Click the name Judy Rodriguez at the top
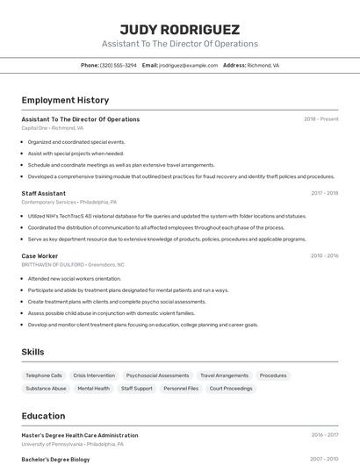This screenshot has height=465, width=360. pos(179,29)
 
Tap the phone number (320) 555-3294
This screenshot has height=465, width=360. pos(118,65)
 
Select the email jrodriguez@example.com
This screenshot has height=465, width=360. pos(188,65)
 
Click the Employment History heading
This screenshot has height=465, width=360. pos(65,101)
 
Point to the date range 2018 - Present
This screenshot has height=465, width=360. pos(321,119)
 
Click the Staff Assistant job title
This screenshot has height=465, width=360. pos(44,193)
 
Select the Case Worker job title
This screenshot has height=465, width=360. pos(40,256)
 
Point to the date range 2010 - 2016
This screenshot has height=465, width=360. pos(324,256)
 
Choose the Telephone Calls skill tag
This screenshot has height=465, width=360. pos(44,376)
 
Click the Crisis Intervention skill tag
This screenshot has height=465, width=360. pos(94,376)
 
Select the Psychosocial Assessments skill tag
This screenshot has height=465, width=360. pos(157,376)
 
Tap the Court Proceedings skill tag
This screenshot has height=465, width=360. pos(230,388)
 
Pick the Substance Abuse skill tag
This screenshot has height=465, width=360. pos(46,388)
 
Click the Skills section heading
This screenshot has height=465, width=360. pos(33,352)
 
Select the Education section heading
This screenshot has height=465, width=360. pos(44,416)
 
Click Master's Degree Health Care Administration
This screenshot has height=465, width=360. pos(80,435)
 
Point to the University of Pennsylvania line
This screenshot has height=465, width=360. pos(72,444)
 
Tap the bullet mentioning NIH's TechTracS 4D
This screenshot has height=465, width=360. pos(167,216)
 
